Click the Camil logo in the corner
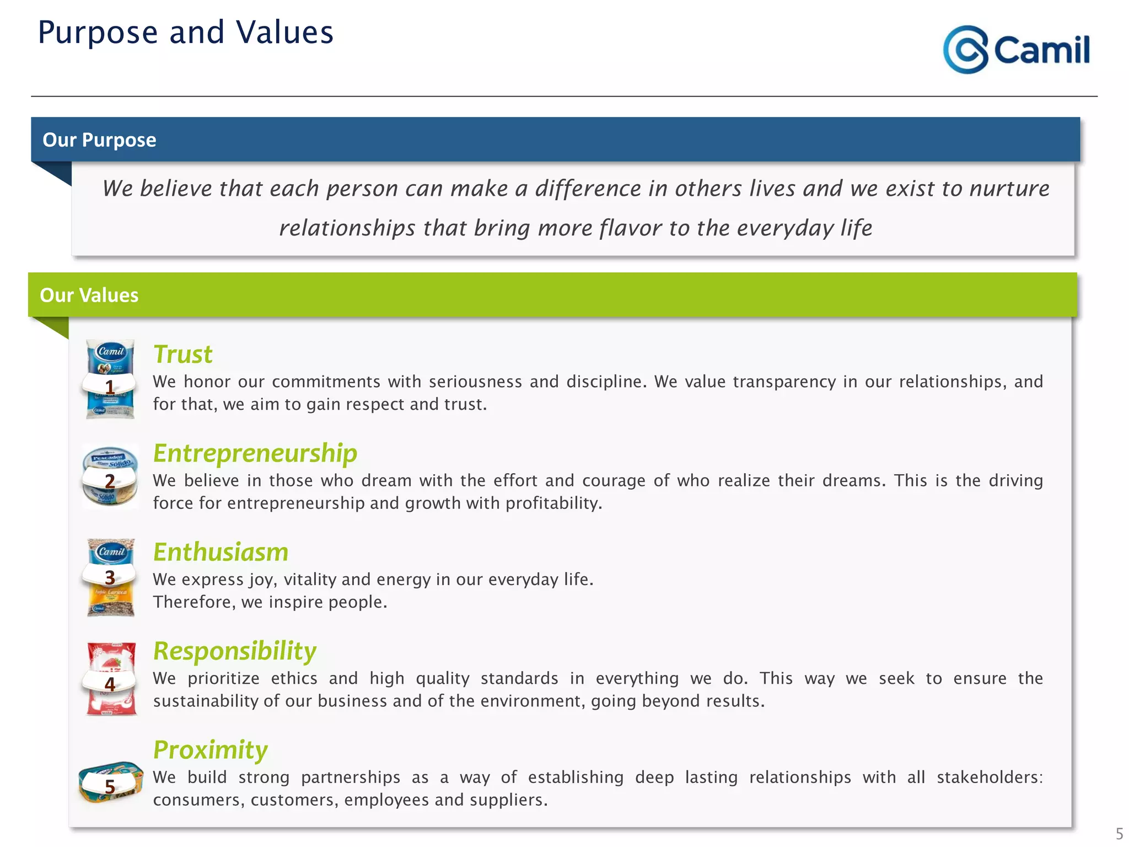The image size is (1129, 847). point(1016,50)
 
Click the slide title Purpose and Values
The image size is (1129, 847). point(185,33)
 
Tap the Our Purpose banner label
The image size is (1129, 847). point(99,140)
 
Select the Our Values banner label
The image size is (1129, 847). point(89,295)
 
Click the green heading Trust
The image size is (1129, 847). point(182,354)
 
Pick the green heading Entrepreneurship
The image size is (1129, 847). point(255,453)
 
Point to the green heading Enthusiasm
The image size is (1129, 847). point(221,552)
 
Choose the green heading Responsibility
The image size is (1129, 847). point(235,651)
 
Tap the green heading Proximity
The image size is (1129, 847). point(210,749)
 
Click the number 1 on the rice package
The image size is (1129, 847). point(110,387)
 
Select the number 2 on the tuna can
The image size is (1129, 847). point(110,481)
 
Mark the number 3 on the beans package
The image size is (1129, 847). point(110,577)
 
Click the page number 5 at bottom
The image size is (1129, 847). point(1119,833)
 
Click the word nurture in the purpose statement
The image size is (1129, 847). point(1009,189)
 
